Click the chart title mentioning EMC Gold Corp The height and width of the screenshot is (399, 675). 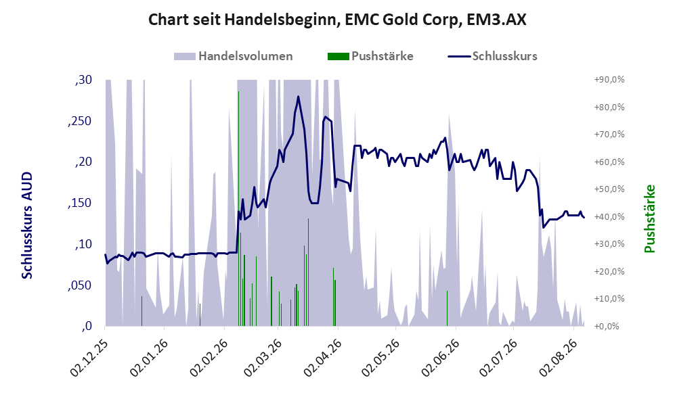point(337,20)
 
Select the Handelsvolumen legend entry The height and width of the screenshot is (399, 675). point(234,56)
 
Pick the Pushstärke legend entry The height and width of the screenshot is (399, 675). point(370,56)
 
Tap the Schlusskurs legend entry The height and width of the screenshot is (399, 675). point(492,56)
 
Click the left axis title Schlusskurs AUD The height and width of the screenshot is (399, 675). point(27,225)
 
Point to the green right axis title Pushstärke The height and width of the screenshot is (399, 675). point(649,218)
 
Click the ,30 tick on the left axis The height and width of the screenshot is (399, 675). point(83,80)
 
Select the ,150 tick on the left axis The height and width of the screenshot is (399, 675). point(80,203)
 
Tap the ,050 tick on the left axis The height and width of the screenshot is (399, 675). point(80,285)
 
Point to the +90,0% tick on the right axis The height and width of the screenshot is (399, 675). point(609,80)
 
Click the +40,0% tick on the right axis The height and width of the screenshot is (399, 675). point(609,216)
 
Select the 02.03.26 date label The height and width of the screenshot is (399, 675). point(263,358)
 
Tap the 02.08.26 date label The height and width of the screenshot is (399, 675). point(558,358)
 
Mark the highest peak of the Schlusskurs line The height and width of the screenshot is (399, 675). point(298,96)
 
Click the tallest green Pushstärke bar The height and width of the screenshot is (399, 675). point(238,208)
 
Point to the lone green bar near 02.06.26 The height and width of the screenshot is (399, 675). point(448,308)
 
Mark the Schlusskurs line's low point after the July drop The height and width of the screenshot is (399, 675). point(543,227)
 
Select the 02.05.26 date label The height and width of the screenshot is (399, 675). point(380,358)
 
